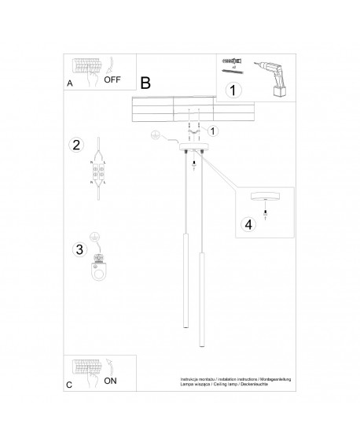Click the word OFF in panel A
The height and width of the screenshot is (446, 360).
coord(112,79)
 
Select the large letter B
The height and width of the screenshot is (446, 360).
coord(145,82)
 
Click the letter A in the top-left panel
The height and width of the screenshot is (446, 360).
coord(71,83)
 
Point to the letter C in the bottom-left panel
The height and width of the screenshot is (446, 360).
coord(69,385)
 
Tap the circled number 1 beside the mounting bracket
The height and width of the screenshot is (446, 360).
coord(214,131)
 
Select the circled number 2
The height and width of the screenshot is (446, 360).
coord(76,145)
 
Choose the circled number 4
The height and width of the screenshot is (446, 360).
coord(248,224)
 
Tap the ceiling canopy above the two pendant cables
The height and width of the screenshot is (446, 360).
coord(194,148)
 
